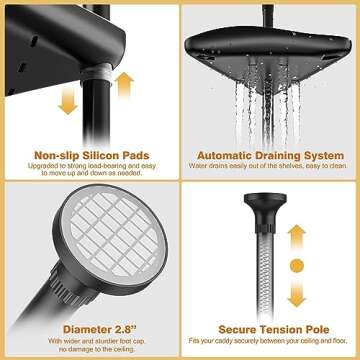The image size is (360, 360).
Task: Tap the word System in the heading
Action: coord(327,156)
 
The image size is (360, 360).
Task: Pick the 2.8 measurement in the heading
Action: coord(117,327)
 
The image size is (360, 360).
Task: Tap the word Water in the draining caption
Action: coord(204,169)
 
